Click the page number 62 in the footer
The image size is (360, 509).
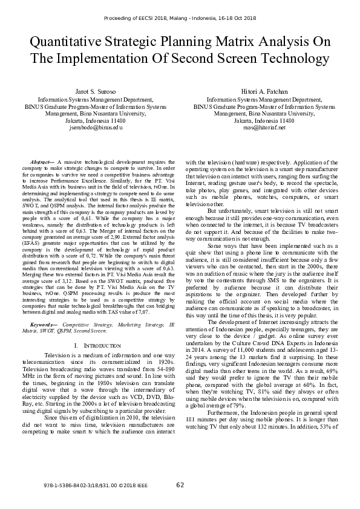click(180, 485)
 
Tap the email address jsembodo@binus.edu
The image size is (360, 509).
click(96, 128)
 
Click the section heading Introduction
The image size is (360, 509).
click(103, 345)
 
